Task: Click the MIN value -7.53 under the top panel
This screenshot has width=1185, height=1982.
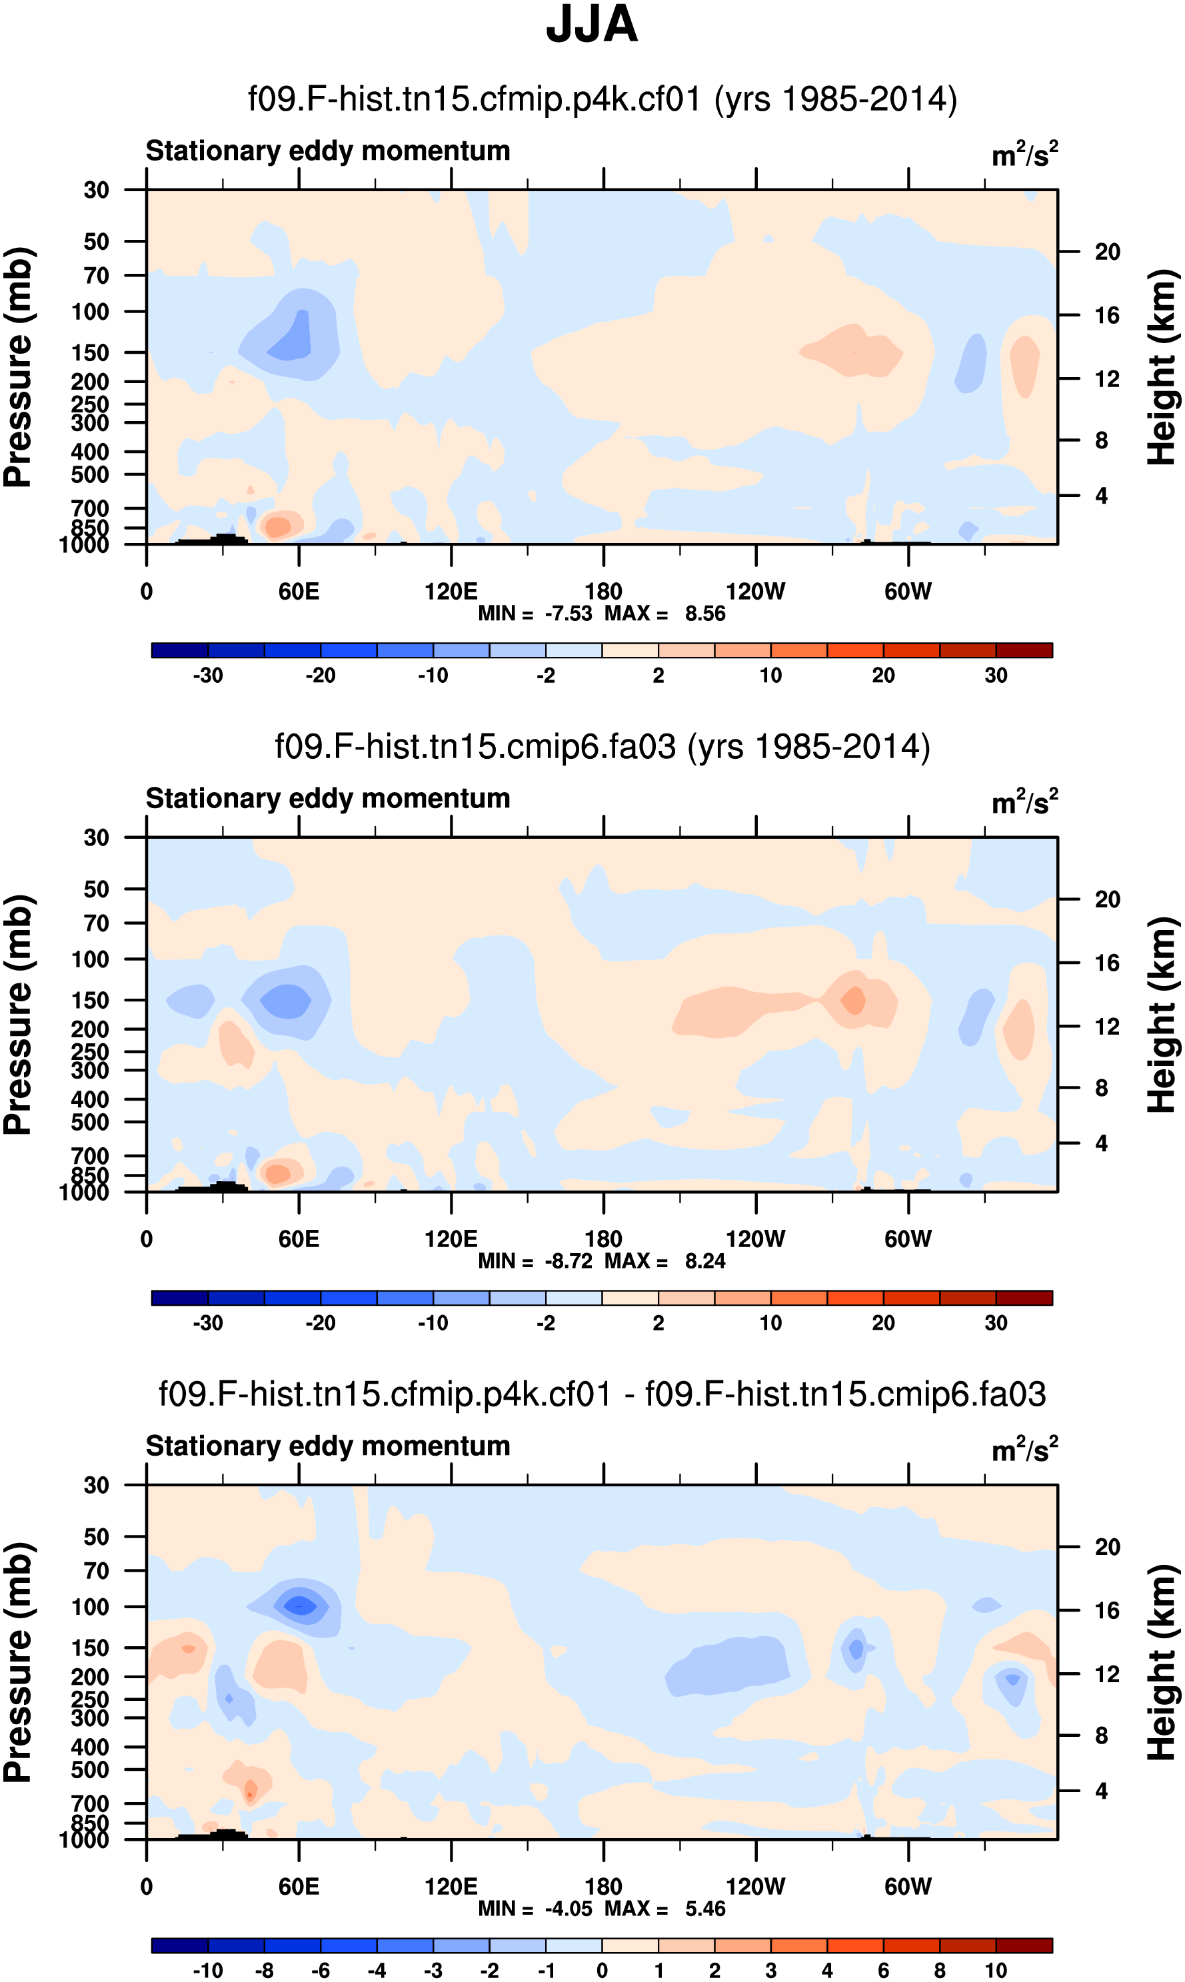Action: tap(569, 614)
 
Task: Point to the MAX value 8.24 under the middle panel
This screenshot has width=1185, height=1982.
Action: tap(705, 1261)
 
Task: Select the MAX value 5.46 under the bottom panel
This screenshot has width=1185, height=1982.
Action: tap(705, 1909)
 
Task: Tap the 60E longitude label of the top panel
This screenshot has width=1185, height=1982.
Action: tap(299, 592)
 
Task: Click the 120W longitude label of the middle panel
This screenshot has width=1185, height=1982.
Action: tap(755, 1239)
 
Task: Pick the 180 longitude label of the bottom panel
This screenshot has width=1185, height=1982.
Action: tap(603, 1886)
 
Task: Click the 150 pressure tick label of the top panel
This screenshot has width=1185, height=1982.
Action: tap(89, 352)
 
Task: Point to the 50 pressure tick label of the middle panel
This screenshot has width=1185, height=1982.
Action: tap(96, 889)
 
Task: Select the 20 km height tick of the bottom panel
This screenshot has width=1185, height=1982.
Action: tap(1107, 1547)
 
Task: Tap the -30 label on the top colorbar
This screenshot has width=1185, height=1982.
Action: tap(208, 676)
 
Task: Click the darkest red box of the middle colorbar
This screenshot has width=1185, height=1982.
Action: tap(1024, 1298)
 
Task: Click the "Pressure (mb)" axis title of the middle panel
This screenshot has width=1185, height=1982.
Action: tap(17, 1015)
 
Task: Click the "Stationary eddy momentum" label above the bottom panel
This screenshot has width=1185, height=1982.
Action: tap(327, 1446)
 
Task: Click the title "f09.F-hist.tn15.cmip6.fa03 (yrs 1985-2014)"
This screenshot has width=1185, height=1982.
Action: tap(602, 746)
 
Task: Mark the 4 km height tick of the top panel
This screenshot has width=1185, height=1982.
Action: tap(1101, 496)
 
